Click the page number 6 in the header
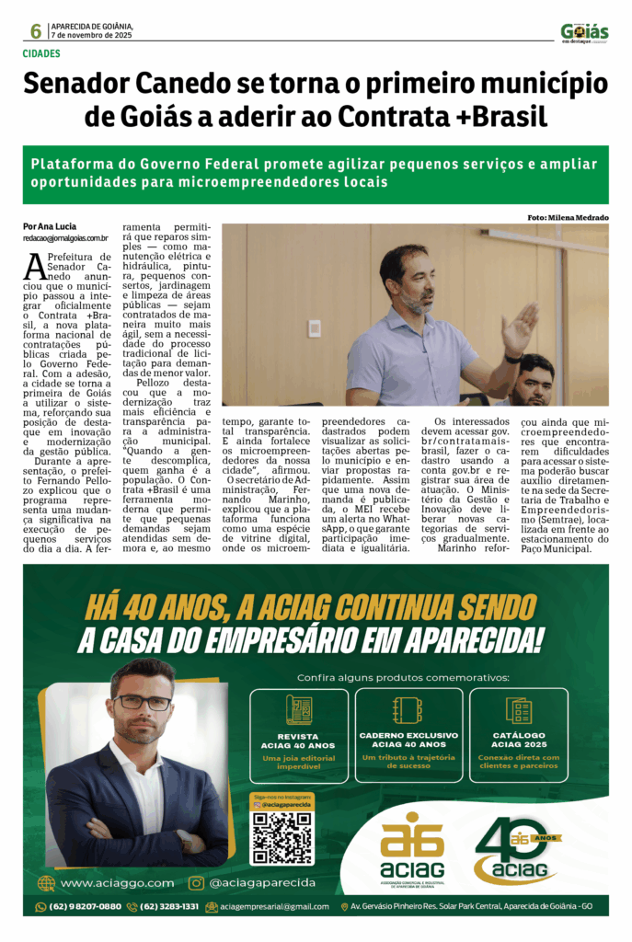click(x=35, y=32)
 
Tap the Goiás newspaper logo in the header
click(x=584, y=32)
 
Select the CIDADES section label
click(x=41, y=54)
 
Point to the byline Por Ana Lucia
click(x=50, y=226)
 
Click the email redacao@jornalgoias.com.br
click(x=66, y=238)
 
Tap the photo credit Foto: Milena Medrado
click(x=568, y=217)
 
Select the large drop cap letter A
click(x=34, y=267)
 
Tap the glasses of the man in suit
click(x=143, y=703)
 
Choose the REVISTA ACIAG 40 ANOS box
click(x=298, y=735)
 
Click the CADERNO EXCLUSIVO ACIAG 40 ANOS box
click(x=408, y=735)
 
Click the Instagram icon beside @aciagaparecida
click(x=196, y=882)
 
